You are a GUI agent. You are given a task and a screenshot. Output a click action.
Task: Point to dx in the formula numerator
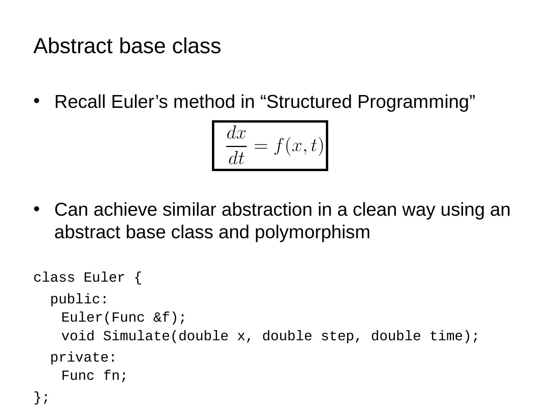tap(236, 134)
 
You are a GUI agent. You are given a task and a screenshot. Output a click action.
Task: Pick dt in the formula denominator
tap(236, 158)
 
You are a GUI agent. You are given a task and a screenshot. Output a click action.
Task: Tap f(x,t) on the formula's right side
tap(298, 146)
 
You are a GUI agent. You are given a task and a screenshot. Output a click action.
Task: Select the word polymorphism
tap(312, 232)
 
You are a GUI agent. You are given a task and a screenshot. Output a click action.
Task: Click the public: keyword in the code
tap(79, 300)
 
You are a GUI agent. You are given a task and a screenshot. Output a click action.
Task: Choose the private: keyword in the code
tap(83, 358)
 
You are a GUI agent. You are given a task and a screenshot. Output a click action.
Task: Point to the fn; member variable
tap(115, 376)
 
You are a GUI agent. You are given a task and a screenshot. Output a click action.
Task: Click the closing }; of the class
tap(41, 398)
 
